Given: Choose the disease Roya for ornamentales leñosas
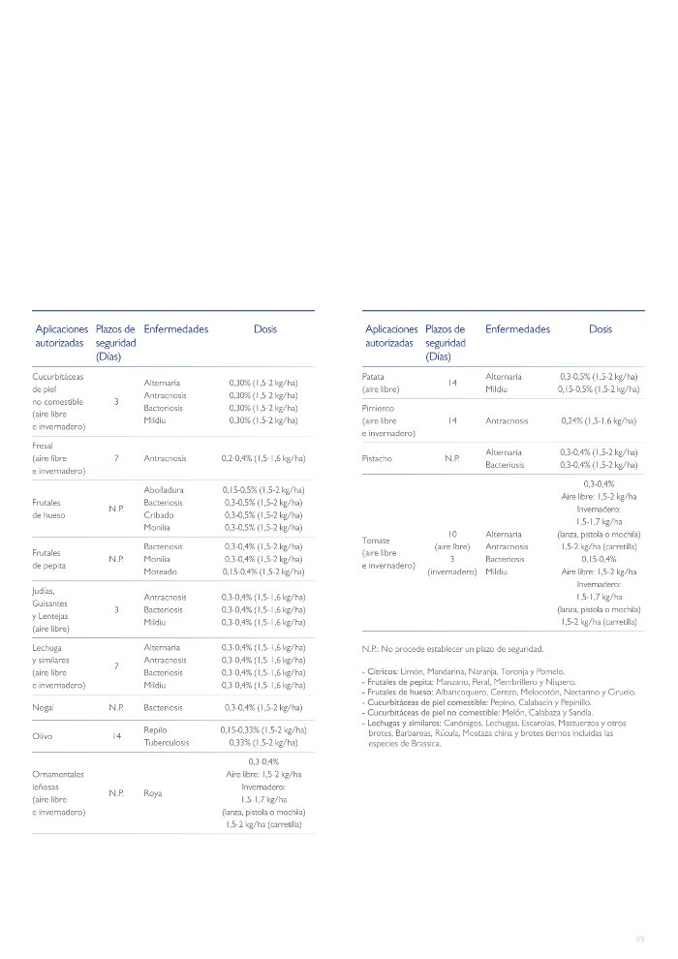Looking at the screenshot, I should tap(153, 792).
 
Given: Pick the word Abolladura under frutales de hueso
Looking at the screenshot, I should tap(164, 490).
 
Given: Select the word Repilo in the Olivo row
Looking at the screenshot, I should tap(156, 729).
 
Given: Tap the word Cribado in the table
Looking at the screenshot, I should tap(159, 515).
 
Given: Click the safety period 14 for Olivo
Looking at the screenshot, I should tap(115, 736).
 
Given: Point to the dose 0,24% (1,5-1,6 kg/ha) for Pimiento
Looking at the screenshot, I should tap(599, 421).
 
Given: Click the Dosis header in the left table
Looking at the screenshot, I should tap(264, 329).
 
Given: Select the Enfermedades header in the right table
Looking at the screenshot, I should tap(517, 329).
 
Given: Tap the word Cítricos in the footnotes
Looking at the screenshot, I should tap(380, 671).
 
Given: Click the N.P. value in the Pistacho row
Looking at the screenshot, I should tap(451, 458).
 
